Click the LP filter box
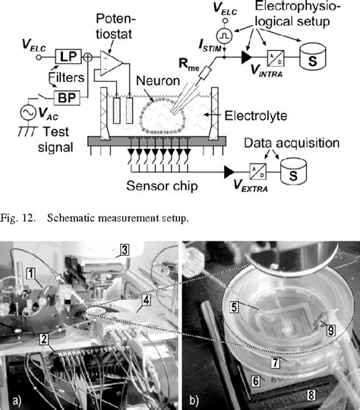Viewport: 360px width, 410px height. click(x=67, y=56)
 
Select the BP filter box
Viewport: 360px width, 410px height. click(x=67, y=96)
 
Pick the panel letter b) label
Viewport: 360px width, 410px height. click(x=192, y=398)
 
